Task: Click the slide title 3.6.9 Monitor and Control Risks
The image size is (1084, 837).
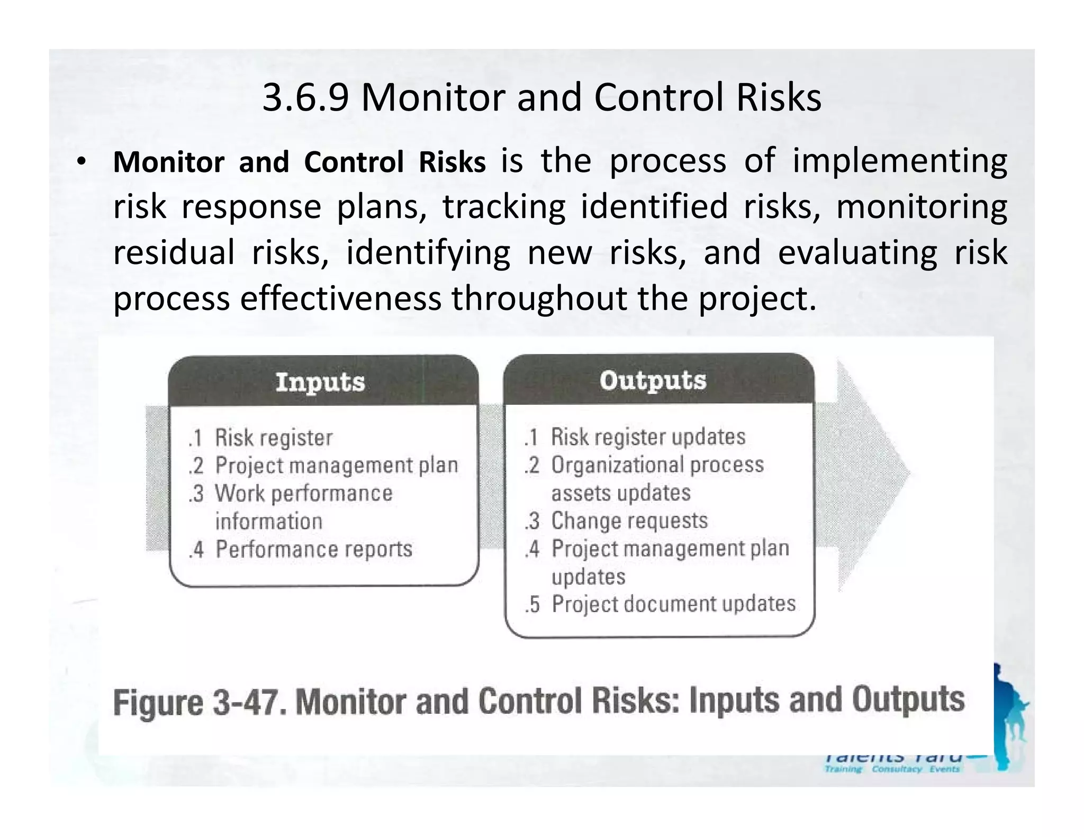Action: pos(541,98)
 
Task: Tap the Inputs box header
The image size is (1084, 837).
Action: pos(320,382)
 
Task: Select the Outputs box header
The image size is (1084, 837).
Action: pos(653,380)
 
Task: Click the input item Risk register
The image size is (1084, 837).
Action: pos(273,438)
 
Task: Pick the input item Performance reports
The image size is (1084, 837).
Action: pos(313,549)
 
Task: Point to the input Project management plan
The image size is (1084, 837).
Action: pos(336,466)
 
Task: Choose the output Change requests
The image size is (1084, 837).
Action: pos(629,521)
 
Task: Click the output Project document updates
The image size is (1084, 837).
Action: pos(673,604)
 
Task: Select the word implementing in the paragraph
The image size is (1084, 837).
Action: pos(899,161)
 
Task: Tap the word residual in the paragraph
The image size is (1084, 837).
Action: pos(174,253)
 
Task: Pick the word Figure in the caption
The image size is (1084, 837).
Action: pos(158,703)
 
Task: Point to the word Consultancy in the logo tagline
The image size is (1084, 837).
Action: pos(897,769)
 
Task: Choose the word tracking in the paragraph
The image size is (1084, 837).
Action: pos(504,207)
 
